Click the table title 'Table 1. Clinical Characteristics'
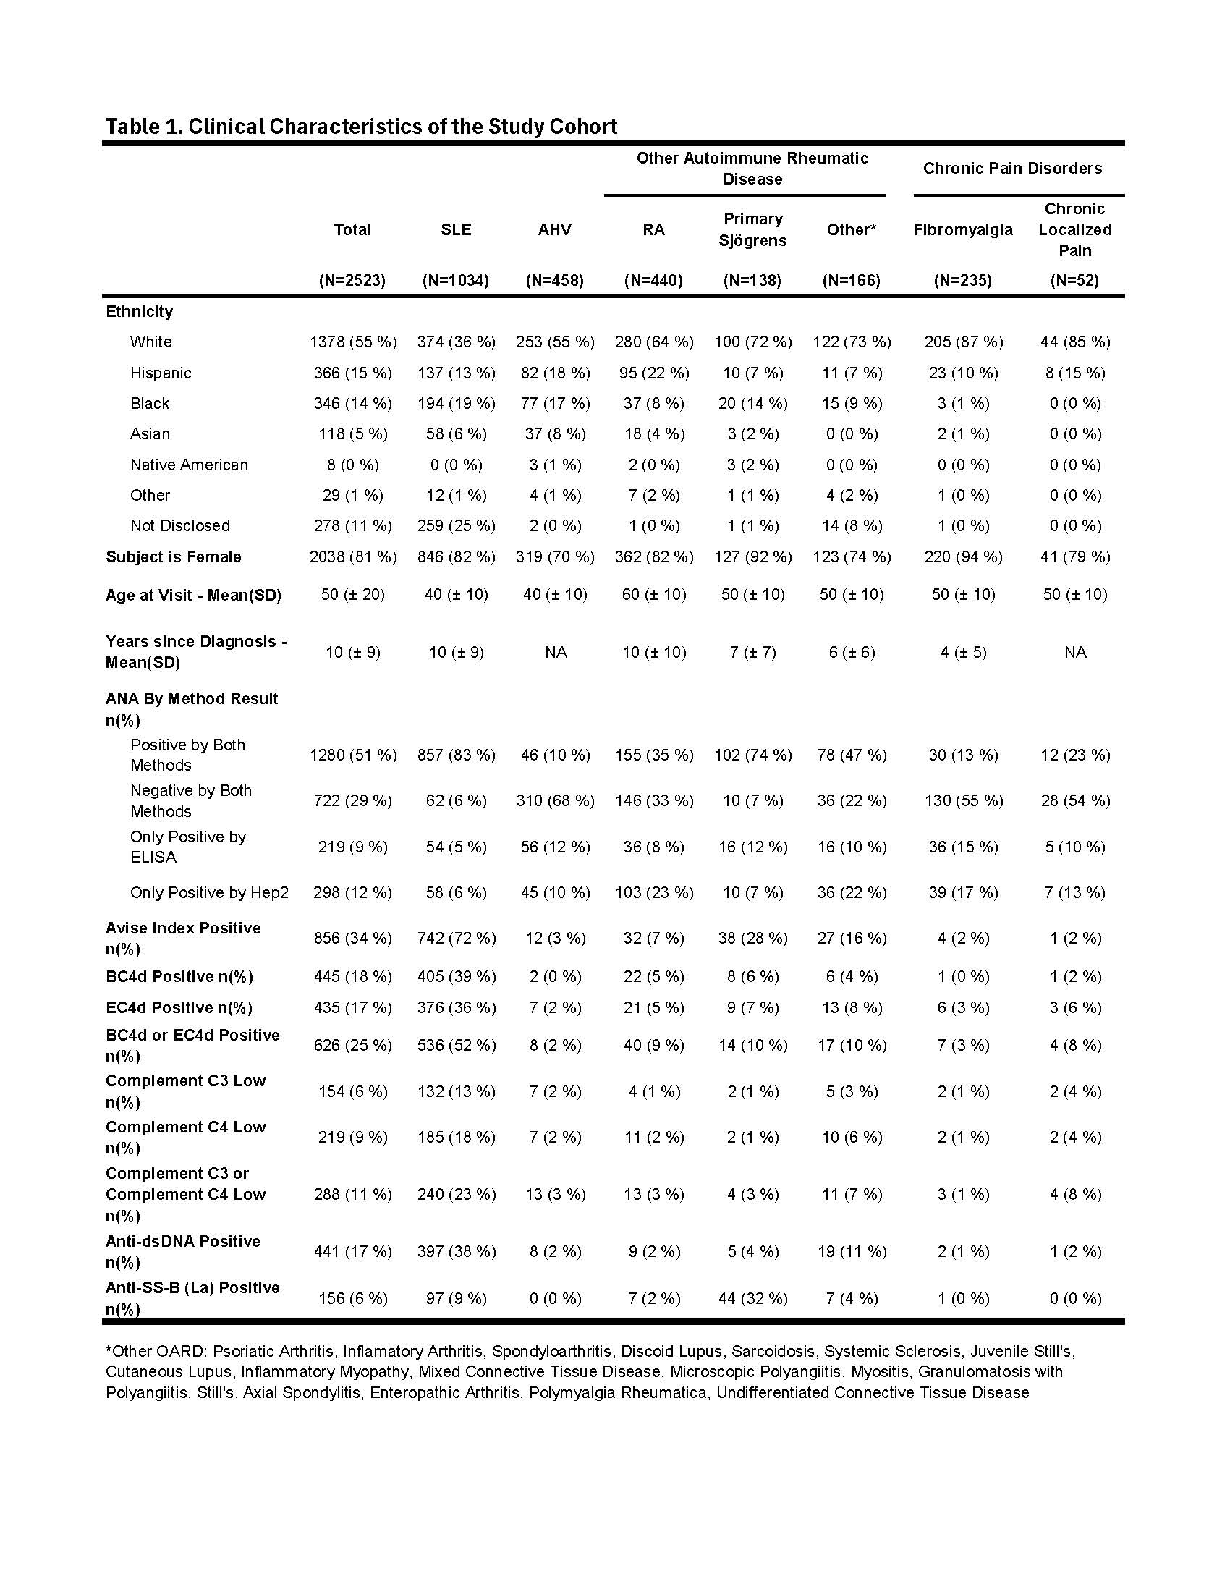pyautogui.click(x=362, y=127)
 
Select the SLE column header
pyautogui.click(x=455, y=229)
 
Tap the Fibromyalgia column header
pyautogui.click(x=962, y=229)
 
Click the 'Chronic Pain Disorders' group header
pyautogui.click(x=1012, y=169)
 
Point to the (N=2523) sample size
pyautogui.click(x=352, y=280)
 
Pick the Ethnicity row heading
pyautogui.click(x=139, y=311)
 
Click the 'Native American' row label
pyautogui.click(x=189, y=465)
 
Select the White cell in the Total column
pyautogui.click(x=352, y=342)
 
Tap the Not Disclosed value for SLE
pyautogui.click(x=456, y=525)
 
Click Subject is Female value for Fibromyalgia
pyautogui.click(x=962, y=557)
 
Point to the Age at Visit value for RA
pyautogui.click(x=653, y=594)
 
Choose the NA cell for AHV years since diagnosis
pyautogui.click(x=555, y=652)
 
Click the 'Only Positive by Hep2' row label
pyautogui.click(x=209, y=892)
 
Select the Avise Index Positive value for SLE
pyautogui.click(x=456, y=938)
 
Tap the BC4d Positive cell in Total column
pyautogui.click(x=352, y=976)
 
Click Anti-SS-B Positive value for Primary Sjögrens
pyautogui.click(x=752, y=1298)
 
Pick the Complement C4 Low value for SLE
pyautogui.click(x=456, y=1136)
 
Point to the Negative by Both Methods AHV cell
pyautogui.click(x=555, y=800)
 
